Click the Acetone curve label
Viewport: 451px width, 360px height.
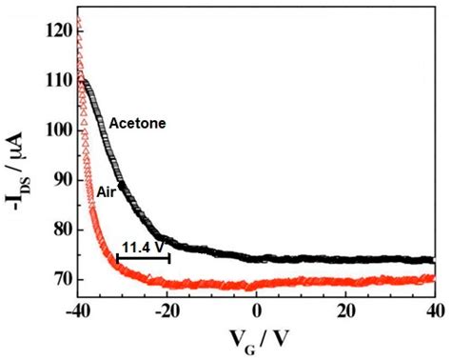point(137,123)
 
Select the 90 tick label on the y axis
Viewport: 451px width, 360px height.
point(62,180)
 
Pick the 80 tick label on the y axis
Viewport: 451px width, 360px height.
point(62,230)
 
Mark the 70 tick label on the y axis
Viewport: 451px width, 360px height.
point(62,279)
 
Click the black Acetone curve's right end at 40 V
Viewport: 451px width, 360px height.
point(432,260)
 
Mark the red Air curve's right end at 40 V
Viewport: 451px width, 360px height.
point(432,279)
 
